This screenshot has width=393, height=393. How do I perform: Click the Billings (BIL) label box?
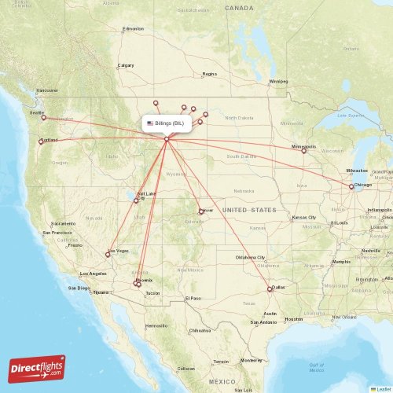pos(165,123)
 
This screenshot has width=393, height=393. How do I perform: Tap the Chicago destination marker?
pos(351,186)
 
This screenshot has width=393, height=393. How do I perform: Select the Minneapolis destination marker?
pos(304,151)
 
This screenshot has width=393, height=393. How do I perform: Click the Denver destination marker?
pos(200,211)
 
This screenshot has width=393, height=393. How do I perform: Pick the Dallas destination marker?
pos(270,289)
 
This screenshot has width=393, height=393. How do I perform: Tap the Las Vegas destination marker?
pos(108,254)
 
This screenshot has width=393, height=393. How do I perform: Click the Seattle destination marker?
pos(44,118)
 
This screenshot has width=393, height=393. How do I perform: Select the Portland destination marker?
pos(41,141)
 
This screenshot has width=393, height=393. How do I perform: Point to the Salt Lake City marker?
pos(136,200)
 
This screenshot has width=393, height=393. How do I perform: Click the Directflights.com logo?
pos(37,368)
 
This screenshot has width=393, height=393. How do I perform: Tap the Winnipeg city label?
pos(278,81)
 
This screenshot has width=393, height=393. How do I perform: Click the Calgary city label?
pos(126,65)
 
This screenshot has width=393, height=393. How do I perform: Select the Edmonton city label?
pos(133,29)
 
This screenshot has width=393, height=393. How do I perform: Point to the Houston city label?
pos(294,318)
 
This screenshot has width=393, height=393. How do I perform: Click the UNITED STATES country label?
pos(249,210)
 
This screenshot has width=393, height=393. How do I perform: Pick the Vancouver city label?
pos(48,90)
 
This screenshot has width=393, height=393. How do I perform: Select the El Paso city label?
pos(193,299)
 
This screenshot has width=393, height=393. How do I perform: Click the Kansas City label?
pos(303,217)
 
